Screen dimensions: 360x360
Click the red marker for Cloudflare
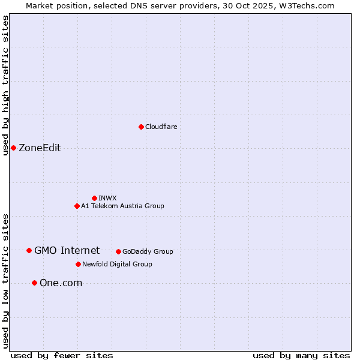click(141, 127)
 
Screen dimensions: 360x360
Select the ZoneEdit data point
click(13, 148)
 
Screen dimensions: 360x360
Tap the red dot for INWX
click(94, 198)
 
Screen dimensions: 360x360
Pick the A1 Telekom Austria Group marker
click(77, 206)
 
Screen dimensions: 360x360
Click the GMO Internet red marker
click(29, 250)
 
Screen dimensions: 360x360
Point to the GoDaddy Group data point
click(118, 251)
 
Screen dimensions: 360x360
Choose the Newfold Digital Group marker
click(78, 264)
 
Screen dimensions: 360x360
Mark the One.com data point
click(34, 283)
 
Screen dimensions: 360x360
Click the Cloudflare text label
click(161, 127)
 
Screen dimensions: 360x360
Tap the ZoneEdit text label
click(40, 148)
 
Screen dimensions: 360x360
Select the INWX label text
click(107, 198)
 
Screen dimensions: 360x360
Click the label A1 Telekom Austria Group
click(122, 206)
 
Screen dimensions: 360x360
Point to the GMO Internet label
click(67, 250)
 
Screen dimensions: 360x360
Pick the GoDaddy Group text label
click(148, 251)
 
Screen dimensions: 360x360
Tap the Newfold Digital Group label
click(117, 264)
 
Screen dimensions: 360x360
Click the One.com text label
click(61, 283)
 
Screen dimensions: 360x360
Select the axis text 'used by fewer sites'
click(62, 355)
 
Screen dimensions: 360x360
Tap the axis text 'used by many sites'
click(301, 355)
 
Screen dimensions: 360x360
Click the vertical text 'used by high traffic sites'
click(5, 85)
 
